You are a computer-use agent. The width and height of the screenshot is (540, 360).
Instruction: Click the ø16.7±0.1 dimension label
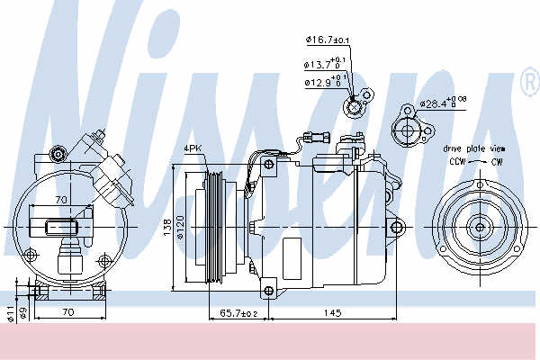click(x=328, y=40)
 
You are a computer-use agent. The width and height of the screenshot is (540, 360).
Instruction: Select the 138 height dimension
click(x=166, y=228)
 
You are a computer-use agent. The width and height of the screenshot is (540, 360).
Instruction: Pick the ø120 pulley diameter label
click(x=181, y=228)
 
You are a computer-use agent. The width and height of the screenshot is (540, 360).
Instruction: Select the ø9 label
click(x=23, y=314)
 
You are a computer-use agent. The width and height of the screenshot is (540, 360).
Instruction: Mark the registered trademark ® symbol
click(x=527, y=83)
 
